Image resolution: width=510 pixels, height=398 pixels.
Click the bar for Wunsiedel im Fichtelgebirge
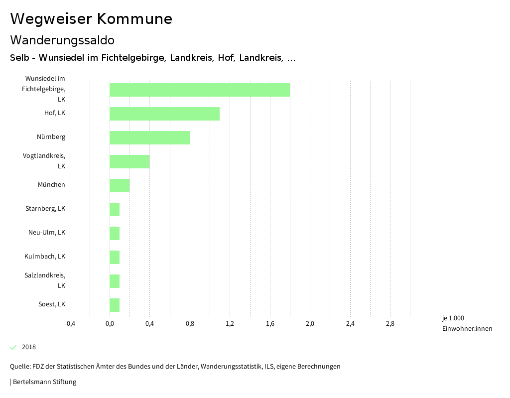(199, 90)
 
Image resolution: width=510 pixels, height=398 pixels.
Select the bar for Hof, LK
(164, 114)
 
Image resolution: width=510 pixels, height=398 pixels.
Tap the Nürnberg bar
(149, 137)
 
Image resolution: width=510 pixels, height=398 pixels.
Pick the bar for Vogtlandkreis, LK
(129, 161)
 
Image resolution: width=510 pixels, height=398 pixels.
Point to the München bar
(120, 185)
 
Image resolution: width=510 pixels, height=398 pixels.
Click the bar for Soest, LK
(115, 305)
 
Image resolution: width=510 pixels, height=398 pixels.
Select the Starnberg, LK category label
(45, 208)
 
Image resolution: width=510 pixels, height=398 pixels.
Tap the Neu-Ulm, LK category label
(47, 232)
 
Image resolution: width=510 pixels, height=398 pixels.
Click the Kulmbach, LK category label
(45, 256)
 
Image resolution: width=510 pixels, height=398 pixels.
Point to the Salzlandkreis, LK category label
(45, 280)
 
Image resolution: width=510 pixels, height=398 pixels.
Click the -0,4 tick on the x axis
(70, 324)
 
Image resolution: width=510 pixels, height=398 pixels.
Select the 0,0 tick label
(110, 324)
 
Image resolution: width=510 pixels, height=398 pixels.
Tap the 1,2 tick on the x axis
(230, 324)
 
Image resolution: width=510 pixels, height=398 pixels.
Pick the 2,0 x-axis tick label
(310, 324)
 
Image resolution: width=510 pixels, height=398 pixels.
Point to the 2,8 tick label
(390, 324)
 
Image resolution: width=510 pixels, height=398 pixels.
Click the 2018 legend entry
(28, 347)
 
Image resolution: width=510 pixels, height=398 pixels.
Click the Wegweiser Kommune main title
(91, 19)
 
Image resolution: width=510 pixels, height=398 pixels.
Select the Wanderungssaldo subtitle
(62, 40)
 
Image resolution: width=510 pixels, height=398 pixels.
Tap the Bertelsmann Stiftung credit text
(44, 382)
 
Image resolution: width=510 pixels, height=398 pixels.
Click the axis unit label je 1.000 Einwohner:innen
(467, 323)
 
